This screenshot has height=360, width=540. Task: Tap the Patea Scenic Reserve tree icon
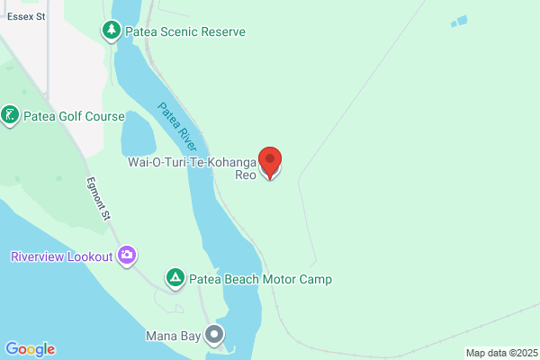pyautogui.click(x=112, y=31)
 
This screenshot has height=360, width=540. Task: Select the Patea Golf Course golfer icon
pyautogui.click(x=10, y=116)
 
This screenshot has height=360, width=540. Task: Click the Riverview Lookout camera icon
pyautogui.click(x=128, y=256)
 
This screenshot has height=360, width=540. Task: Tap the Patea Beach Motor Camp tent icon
pyautogui.click(x=175, y=279)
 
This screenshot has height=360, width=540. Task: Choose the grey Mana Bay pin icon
pyautogui.click(x=214, y=337)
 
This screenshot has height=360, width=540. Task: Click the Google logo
pyautogui.click(x=30, y=349)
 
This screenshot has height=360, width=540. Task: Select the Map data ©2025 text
pyautogui.click(x=501, y=352)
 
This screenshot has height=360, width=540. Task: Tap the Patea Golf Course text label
pyautogui.click(x=74, y=116)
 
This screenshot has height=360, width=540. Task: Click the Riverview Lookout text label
pyautogui.click(x=62, y=256)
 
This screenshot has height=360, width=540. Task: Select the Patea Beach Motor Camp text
pyautogui.click(x=260, y=279)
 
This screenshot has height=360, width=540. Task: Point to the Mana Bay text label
pyautogui.click(x=173, y=337)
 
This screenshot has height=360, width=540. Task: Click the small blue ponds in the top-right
pyautogui.click(x=459, y=21)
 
